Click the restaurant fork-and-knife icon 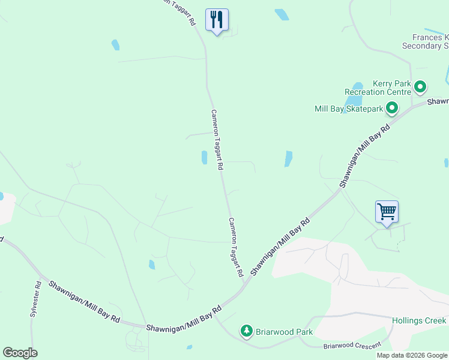click(x=217, y=19)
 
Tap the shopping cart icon click(x=387, y=211)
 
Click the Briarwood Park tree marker click(x=246, y=331)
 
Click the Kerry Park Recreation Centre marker click(x=420, y=88)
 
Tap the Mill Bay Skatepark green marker click(x=392, y=109)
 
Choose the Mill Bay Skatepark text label click(x=348, y=109)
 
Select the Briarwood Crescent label click(x=352, y=345)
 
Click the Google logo click(x=20, y=353)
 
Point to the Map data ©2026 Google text click(x=411, y=355)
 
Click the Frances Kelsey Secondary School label click(x=425, y=41)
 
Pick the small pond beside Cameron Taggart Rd click(x=204, y=157)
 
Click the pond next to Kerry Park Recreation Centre click(x=358, y=87)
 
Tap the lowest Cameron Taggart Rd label click(x=235, y=247)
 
